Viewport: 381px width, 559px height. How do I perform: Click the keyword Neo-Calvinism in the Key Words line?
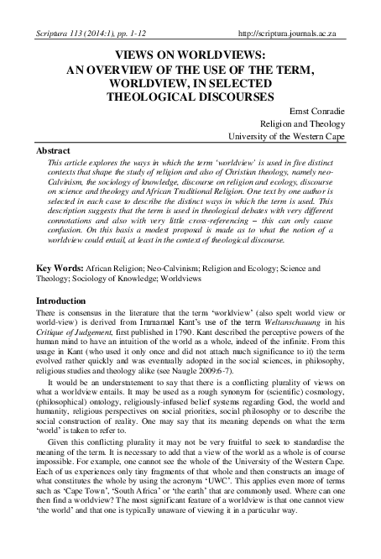click(x=180, y=269)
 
